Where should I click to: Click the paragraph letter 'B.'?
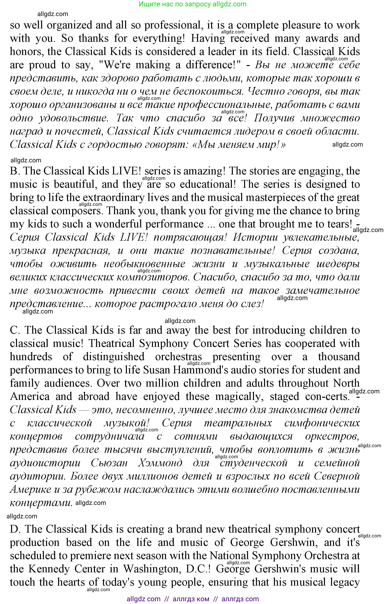click(15, 171)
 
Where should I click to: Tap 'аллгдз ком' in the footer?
click(191, 599)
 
